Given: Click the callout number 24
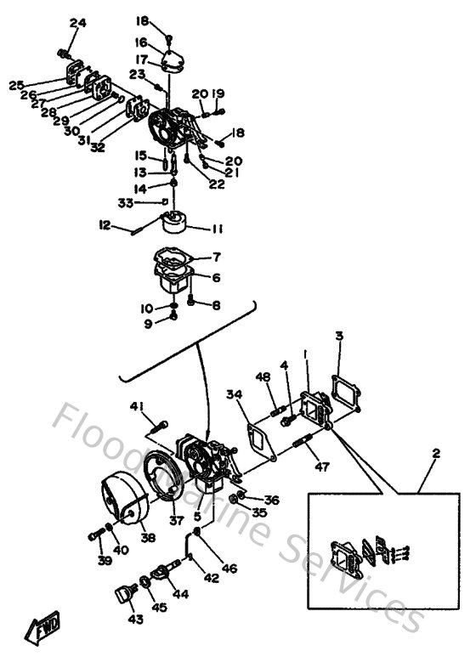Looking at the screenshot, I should coord(78,23).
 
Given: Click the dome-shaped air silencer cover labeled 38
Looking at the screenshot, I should coord(127,503).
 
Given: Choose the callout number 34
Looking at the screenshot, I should coord(233,393).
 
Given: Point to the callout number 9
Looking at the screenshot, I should coord(147,323).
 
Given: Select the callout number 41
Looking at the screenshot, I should coord(136,406).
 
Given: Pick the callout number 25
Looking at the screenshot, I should coord(16,85).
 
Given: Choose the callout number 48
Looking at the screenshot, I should coord(263,376).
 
